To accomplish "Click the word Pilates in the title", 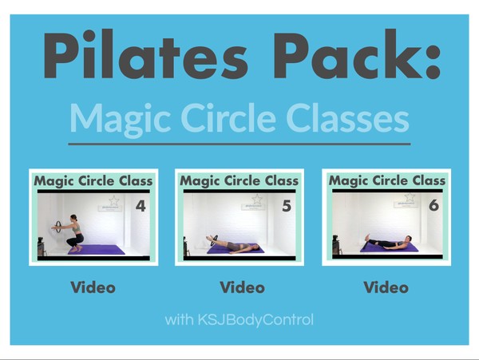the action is (145, 54).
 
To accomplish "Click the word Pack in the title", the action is (346, 54).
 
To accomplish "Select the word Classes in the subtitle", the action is (347, 117).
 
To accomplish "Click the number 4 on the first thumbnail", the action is (141, 206).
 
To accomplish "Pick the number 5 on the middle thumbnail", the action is (287, 206).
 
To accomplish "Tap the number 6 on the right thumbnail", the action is (433, 205).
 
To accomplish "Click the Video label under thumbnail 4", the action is (93, 287).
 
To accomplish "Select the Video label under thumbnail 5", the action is (242, 287).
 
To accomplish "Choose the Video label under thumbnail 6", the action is (386, 287).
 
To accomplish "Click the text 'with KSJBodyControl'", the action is (239, 320).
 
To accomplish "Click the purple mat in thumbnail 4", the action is (97, 250).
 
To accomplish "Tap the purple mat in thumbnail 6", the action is (390, 247).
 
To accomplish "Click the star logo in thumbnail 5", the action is (257, 200).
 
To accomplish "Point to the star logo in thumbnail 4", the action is (113, 200).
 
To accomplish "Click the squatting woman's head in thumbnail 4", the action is (74, 218).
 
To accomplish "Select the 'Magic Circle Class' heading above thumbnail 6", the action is (387, 180).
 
